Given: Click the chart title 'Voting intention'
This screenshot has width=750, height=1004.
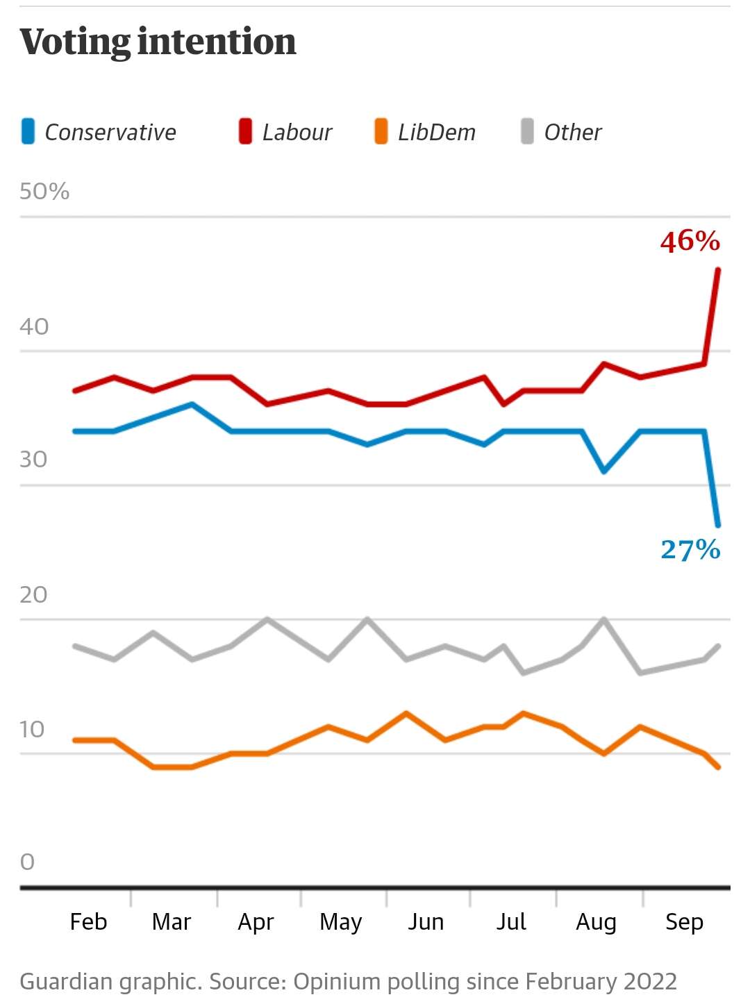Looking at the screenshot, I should (158, 42).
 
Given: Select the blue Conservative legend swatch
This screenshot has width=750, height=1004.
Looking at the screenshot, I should (28, 131).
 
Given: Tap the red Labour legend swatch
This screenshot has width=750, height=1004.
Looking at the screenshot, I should (245, 131).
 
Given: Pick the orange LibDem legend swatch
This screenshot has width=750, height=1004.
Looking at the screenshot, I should (381, 131).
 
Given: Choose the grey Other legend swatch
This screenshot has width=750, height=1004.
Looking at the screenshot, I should (527, 131).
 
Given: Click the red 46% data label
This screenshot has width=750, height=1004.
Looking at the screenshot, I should (690, 241).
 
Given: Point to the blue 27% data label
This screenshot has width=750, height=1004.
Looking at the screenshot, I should (690, 549).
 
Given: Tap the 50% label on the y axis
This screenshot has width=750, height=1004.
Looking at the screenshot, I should (44, 191).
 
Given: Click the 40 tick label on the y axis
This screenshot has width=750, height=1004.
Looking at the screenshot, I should (34, 326).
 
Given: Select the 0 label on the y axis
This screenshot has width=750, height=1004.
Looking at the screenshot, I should (27, 862).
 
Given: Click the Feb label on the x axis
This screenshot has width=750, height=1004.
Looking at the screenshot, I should (89, 921).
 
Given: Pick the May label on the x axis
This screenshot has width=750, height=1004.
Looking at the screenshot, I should (340, 922).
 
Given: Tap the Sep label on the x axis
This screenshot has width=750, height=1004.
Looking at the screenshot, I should (684, 922).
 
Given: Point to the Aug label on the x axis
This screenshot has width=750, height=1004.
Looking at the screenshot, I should (596, 922).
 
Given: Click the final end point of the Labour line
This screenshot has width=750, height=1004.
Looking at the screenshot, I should (718, 269).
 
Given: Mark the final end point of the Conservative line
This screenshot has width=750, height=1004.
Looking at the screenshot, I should (718, 525).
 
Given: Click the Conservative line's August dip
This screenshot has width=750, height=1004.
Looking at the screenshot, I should (604, 471).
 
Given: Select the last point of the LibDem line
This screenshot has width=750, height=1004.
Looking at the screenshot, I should (718, 767).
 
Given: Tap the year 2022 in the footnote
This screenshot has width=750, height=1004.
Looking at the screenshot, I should (650, 981).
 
